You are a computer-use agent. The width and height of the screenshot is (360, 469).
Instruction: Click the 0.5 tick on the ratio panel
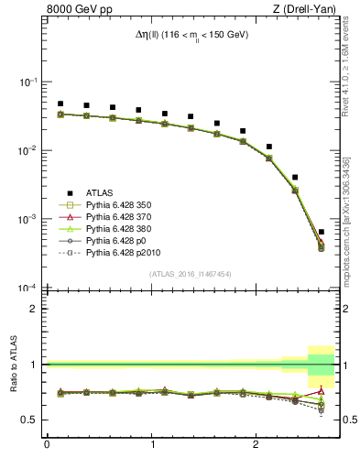tap(30, 420)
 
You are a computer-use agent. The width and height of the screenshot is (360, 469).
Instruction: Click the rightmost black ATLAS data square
tap(321, 232)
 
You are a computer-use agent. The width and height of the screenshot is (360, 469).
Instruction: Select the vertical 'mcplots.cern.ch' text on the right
tap(352, 211)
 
